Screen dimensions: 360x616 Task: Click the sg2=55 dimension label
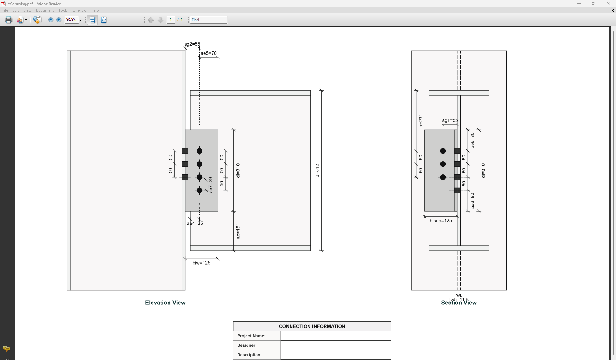(x=192, y=44)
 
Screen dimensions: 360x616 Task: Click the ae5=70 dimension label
(x=208, y=53)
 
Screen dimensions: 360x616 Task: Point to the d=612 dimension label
(x=317, y=171)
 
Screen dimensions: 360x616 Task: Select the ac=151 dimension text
(x=238, y=231)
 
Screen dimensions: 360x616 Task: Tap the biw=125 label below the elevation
(x=201, y=263)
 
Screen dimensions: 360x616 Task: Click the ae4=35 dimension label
(x=195, y=223)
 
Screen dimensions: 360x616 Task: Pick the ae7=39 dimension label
(x=211, y=185)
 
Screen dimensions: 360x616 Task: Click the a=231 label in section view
(x=421, y=121)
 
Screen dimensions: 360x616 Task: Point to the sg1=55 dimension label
(x=450, y=120)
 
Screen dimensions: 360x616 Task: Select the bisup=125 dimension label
(x=441, y=221)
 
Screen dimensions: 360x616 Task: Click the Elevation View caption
(x=165, y=303)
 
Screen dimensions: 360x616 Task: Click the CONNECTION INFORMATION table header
(x=312, y=326)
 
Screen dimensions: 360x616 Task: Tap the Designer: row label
(x=247, y=345)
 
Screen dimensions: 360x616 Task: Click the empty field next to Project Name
(x=335, y=336)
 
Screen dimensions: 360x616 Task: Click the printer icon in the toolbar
(x=8, y=20)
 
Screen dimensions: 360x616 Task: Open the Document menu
(x=45, y=10)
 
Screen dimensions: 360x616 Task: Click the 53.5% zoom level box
(x=71, y=20)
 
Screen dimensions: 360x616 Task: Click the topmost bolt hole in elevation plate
(x=199, y=151)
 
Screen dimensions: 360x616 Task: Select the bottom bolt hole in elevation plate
(x=199, y=190)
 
